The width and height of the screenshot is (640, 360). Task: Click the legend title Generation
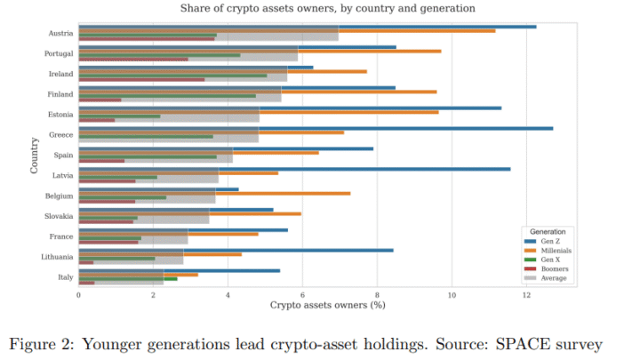pos(553,231)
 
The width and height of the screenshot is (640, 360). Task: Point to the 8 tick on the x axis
pos(377,295)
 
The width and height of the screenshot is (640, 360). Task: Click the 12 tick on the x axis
pos(527,295)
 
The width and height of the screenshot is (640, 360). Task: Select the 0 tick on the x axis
pos(78,295)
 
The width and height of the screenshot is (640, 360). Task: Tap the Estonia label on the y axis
pos(60,115)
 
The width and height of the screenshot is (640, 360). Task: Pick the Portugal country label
pos(59,53)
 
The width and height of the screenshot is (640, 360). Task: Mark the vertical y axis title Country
pos(34,154)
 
